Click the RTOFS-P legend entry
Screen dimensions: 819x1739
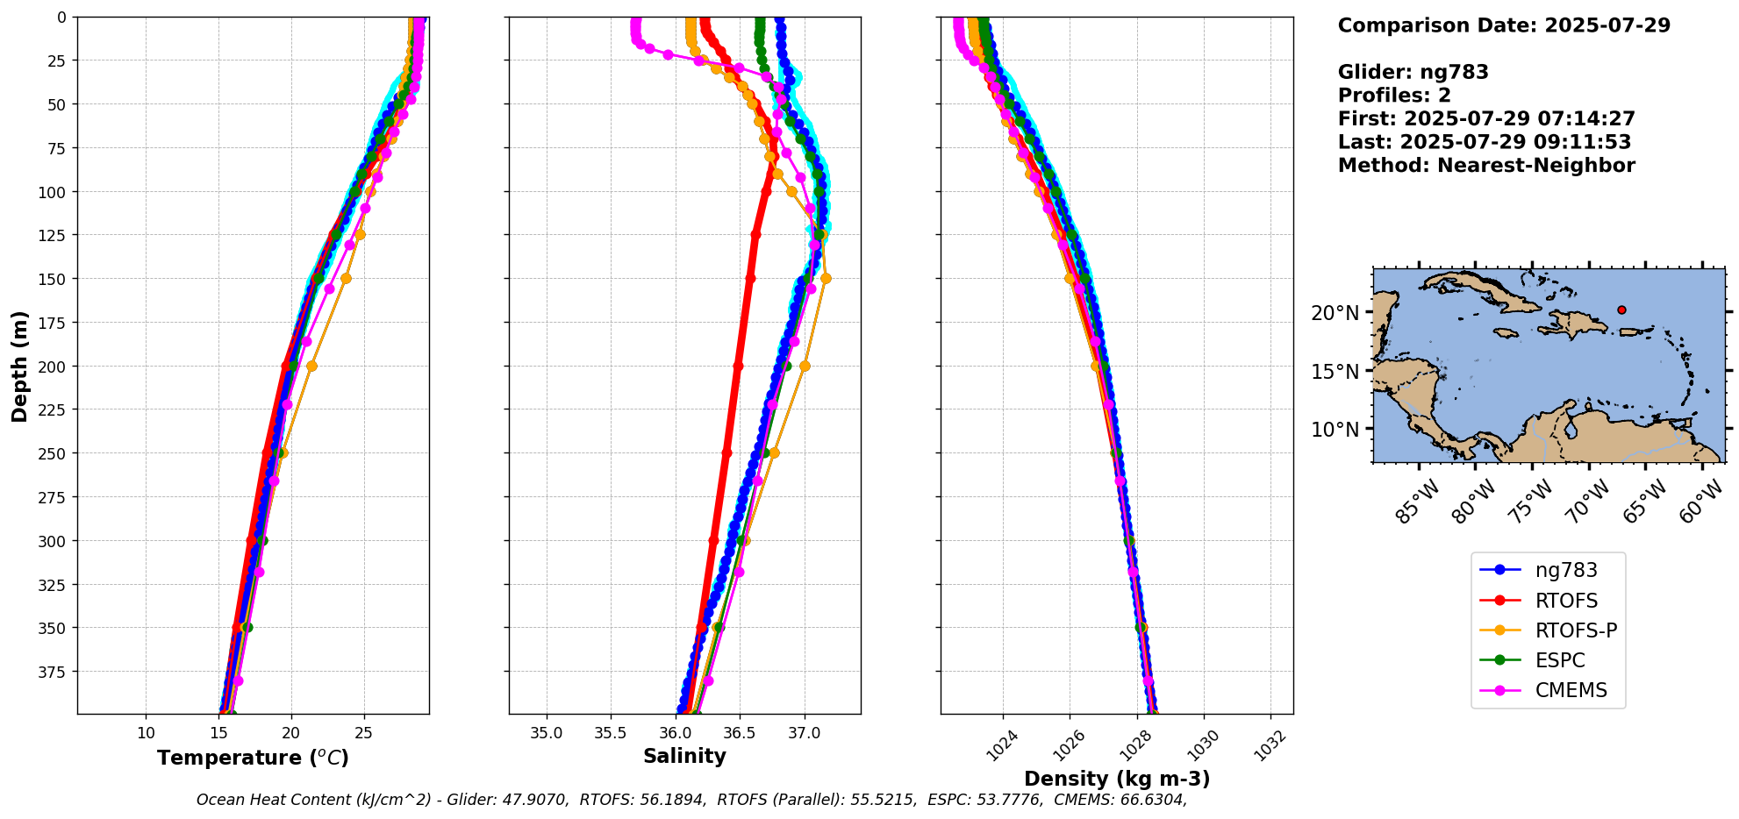point(1575,630)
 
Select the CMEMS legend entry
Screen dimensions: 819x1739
point(1571,690)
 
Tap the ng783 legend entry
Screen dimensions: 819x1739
point(1565,570)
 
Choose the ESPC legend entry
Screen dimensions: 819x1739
point(1559,660)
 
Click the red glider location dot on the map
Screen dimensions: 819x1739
point(1621,310)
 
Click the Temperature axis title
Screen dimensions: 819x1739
point(253,758)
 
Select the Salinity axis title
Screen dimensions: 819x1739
point(684,756)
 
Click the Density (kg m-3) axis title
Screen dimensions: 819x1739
point(1117,779)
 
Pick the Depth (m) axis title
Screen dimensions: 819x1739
point(19,366)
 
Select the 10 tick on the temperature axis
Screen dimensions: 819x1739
point(147,733)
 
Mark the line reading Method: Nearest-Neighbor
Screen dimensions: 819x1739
point(1486,166)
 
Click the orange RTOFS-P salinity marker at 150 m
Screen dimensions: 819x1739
point(826,279)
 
